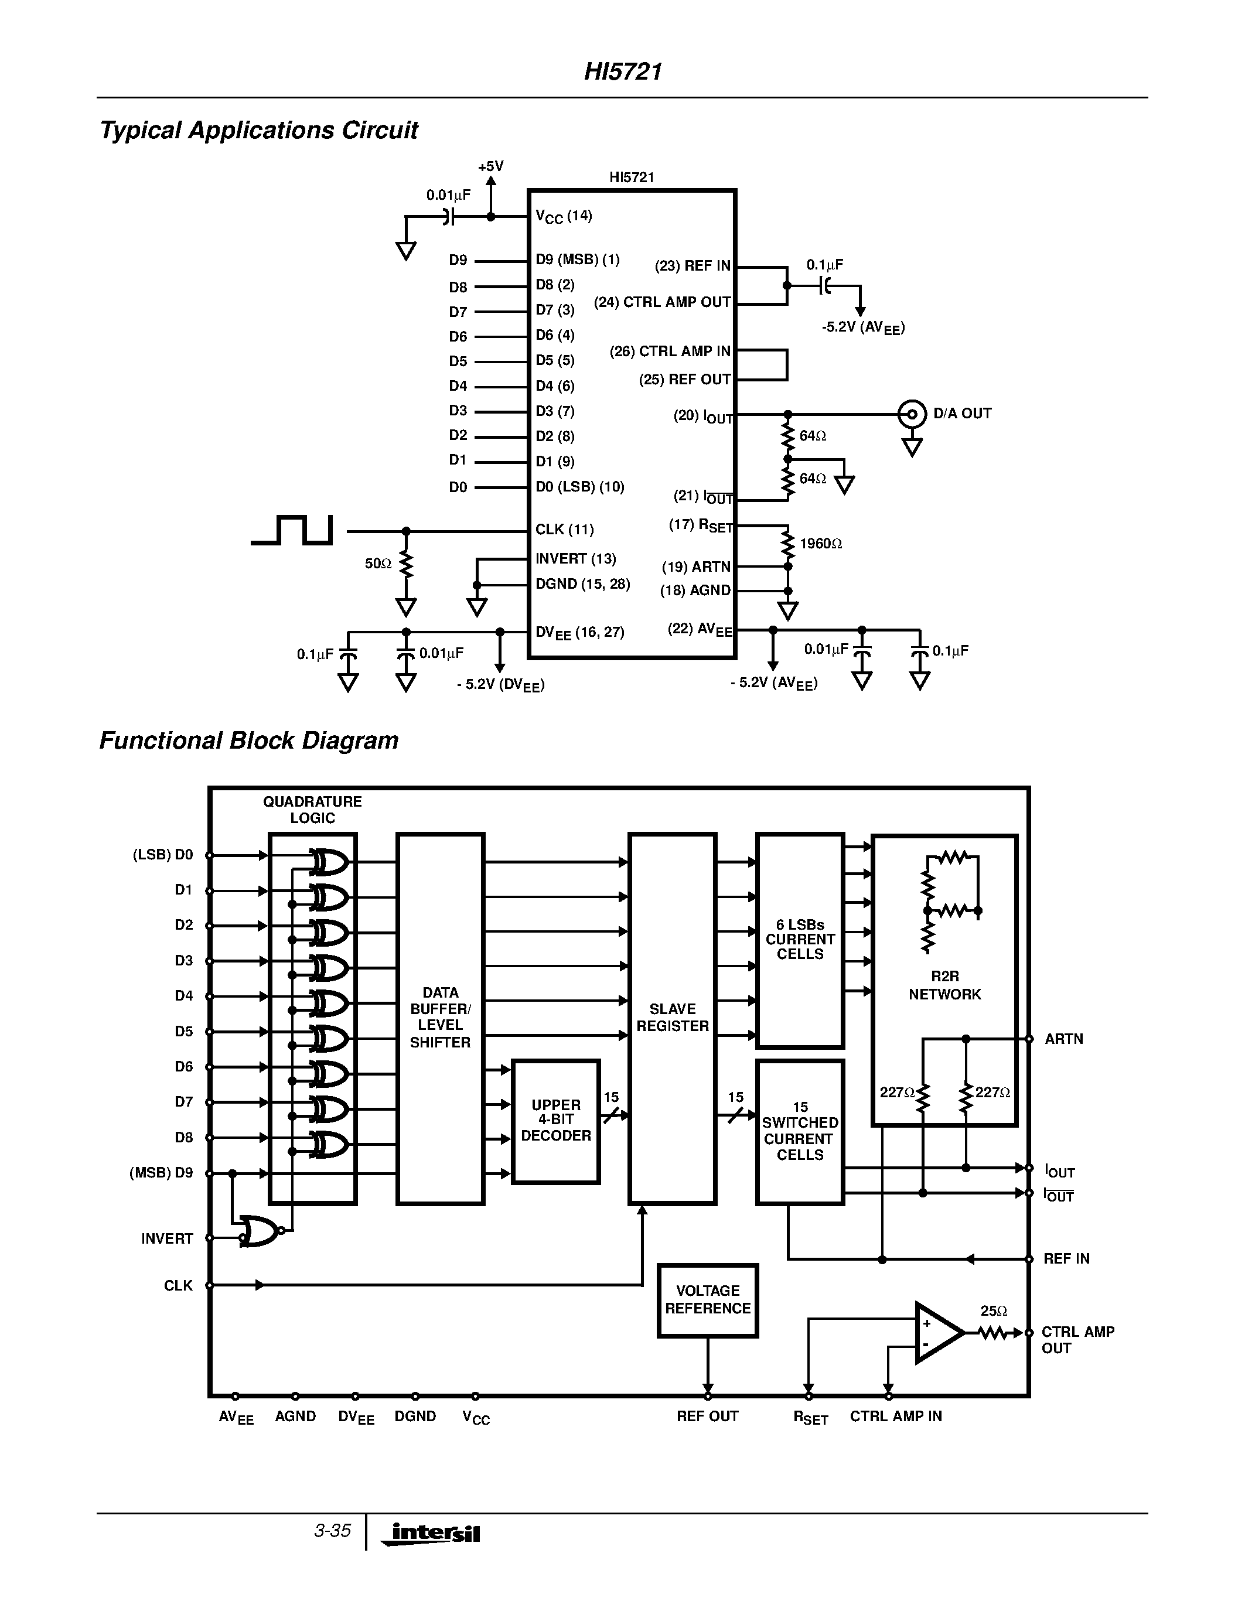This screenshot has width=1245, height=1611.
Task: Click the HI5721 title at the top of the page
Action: point(622,71)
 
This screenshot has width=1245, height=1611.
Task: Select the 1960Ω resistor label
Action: point(820,544)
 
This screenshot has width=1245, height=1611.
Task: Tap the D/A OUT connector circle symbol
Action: point(912,414)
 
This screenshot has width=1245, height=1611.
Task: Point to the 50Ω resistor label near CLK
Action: point(378,564)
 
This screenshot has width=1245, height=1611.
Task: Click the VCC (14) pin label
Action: point(564,216)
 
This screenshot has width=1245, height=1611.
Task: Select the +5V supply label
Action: point(490,167)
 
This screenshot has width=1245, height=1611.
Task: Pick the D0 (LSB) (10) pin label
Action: point(579,487)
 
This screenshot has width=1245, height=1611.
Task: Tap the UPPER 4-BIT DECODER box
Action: point(555,1121)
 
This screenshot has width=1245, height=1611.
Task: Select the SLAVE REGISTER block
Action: point(672,1018)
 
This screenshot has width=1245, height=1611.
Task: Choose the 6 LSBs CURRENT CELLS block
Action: point(800,939)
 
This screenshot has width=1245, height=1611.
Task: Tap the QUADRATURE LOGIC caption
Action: point(312,809)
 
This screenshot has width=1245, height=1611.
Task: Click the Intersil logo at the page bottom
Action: point(431,1533)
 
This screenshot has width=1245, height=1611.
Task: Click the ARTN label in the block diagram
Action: point(1063,1039)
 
